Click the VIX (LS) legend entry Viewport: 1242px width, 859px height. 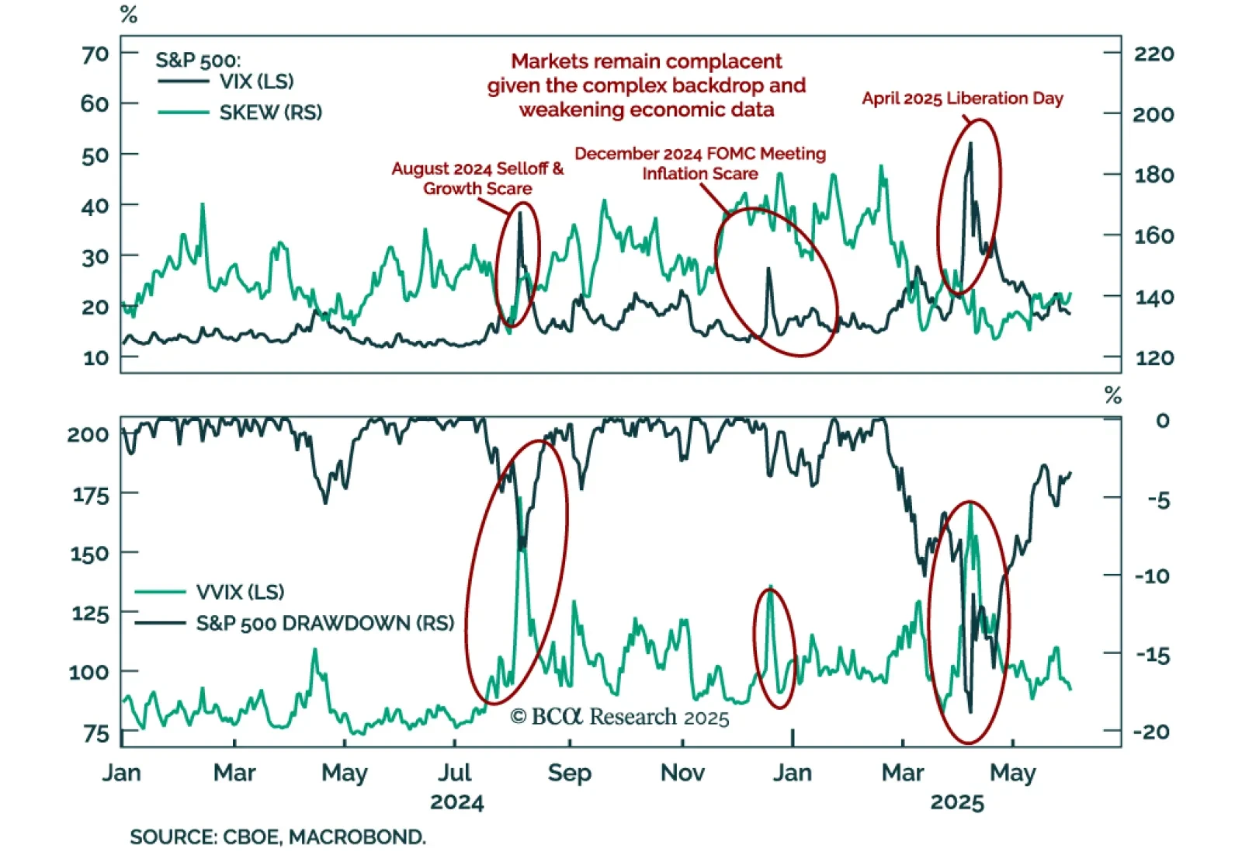[x=256, y=82]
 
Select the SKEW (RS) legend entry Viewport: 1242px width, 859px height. [x=270, y=113]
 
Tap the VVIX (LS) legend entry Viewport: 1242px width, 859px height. [x=240, y=593]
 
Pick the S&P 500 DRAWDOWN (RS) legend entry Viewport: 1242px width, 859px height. [x=324, y=624]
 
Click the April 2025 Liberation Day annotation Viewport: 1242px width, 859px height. [x=963, y=99]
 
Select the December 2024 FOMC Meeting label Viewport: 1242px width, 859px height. [x=700, y=154]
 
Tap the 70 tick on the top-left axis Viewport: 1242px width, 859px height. [x=95, y=54]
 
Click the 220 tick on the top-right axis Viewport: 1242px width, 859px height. [x=1154, y=54]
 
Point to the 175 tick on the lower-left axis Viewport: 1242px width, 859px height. [x=90, y=495]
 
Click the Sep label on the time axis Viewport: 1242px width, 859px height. [x=569, y=773]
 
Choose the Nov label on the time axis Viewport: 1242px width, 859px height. [x=682, y=773]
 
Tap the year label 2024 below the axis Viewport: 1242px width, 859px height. [x=456, y=802]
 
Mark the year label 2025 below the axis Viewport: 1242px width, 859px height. [x=957, y=802]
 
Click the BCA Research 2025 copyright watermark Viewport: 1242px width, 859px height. [x=619, y=717]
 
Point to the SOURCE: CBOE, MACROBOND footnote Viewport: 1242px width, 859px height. [x=278, y=837]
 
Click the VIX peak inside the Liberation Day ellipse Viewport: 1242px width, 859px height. [x=970, y=144]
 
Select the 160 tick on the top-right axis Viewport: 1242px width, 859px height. [x=1154, y=235]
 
